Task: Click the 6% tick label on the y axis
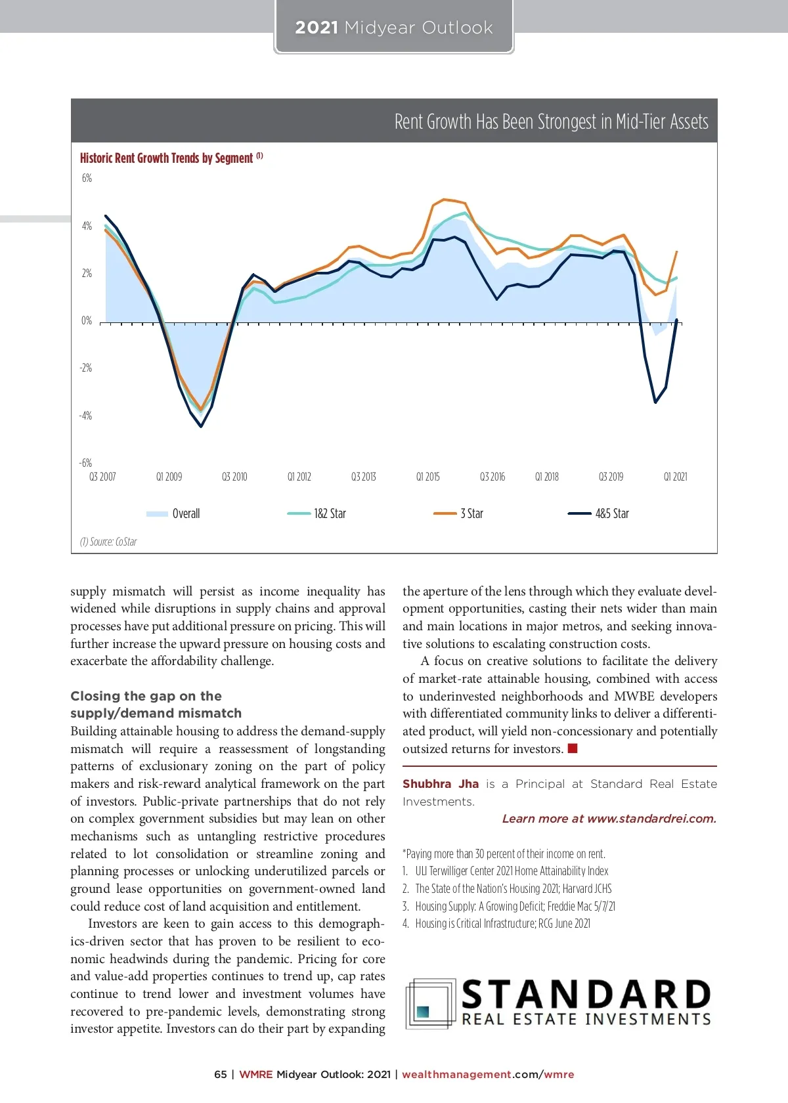tap(87, 179)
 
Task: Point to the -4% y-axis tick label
tap(85, 416)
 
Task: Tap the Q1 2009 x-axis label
tap(169, 477)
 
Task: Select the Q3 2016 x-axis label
tap(492, 477)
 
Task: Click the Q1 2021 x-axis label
tap(675, 477)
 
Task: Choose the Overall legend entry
tap(173, 513)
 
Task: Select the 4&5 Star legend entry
tap(598, 513)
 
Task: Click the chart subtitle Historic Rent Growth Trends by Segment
tap(167, 158)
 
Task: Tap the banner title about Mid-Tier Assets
tap(551, 121)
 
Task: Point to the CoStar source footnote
tap(108, 542)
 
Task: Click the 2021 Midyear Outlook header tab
tap(393, 28)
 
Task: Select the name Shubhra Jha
tap(441, 784)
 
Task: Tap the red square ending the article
tap(573, 748)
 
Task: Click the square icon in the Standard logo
tap(424, 1012)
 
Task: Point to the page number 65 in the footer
tap(221, 1075)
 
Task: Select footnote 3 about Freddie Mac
tap(509, 906)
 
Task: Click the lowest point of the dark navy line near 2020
tap(655, 402)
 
